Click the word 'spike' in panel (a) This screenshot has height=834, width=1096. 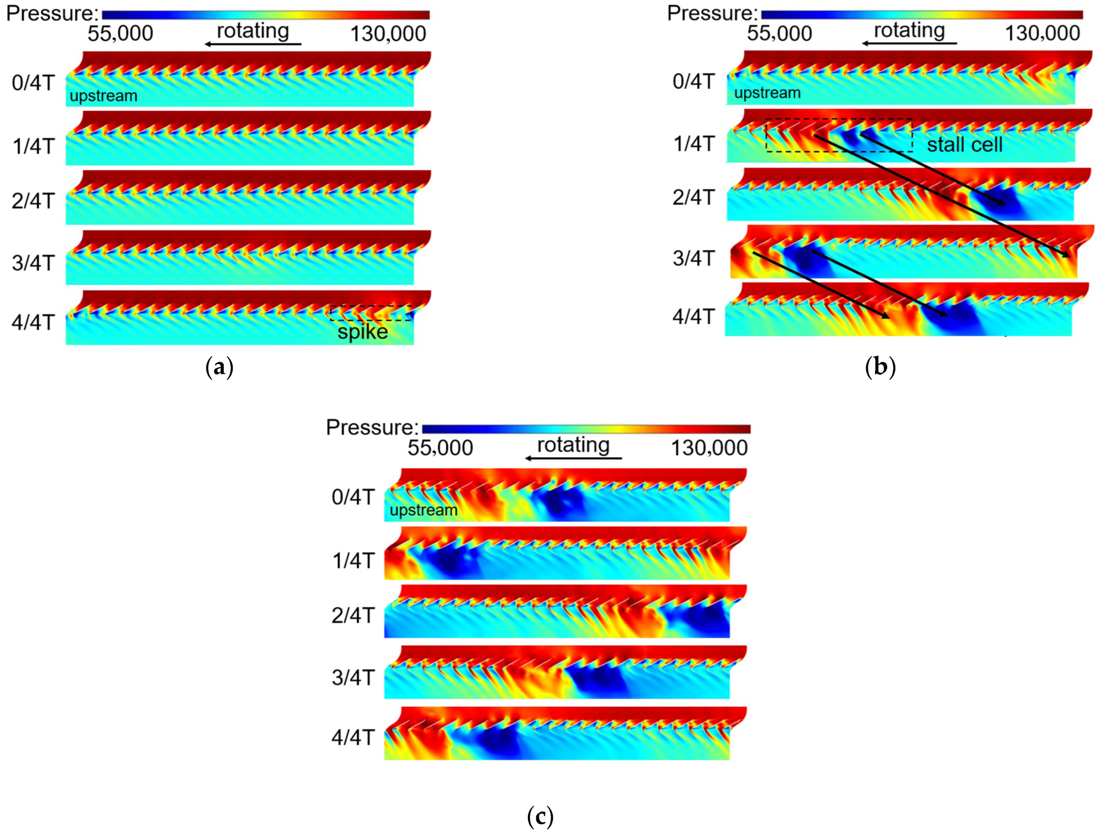363,331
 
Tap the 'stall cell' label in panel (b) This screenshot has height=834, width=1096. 965,145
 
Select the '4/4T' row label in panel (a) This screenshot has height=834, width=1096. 33,322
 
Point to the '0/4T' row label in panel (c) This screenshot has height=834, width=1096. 353,497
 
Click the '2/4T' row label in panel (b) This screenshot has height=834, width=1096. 693,197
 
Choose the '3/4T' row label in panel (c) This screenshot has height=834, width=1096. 353,677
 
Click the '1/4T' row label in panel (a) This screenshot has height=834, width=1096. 33,146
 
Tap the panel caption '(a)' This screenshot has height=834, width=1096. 219,368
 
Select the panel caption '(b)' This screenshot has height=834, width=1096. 880,368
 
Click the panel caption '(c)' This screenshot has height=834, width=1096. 540,816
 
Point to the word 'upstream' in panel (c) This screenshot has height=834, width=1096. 423,510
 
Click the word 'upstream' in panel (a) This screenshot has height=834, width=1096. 103,96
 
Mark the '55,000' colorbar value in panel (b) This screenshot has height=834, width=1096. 780,34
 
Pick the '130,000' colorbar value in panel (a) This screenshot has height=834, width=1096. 388,34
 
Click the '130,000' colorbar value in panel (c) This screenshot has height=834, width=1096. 709,448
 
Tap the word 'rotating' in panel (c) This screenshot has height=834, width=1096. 573,445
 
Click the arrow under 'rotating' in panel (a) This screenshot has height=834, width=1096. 254,44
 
